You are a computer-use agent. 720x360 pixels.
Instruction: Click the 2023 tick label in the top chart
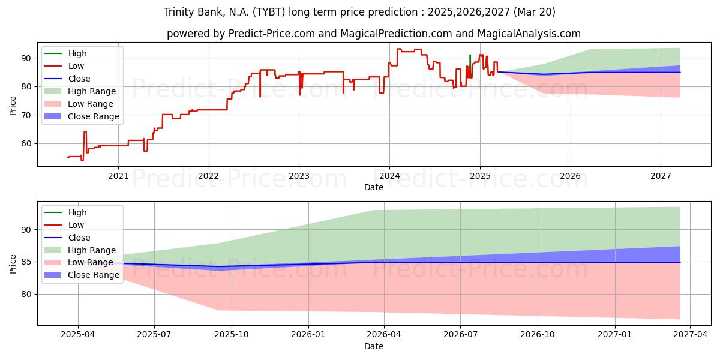click(x=299, y=176)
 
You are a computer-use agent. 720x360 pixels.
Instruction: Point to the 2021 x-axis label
click(x=118, y=176)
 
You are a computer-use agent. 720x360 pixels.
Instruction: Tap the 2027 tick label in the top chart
click(x=661, y=176)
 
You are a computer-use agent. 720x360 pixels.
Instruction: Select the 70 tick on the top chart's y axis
click(x=26, y=115)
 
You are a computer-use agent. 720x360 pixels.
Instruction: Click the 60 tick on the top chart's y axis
click(x=26, y=143)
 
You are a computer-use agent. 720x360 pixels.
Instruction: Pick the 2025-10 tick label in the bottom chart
click(x=232, y=335)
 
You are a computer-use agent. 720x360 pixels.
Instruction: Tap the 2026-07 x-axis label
click(x=460, y=335)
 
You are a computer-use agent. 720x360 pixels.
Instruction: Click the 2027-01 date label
click(x=615, y=335)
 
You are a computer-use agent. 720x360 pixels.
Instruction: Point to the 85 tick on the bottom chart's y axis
click(x=26, y=262)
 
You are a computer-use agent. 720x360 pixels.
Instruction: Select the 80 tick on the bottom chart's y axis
click(x=26, y=295)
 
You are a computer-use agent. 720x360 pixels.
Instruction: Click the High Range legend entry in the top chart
click(x=80, y=91)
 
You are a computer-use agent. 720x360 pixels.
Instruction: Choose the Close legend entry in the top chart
click(x=67, y=79)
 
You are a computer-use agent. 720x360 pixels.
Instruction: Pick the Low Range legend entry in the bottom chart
click(x=79, y=263)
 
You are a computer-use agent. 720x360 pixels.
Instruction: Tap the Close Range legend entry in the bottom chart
click(x=82, y=275)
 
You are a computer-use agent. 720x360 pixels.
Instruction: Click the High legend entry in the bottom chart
click(x=65, y=212)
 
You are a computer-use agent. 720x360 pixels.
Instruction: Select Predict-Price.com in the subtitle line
click(x=272, y=34)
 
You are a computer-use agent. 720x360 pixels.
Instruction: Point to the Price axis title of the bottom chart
click(x=13, y=264)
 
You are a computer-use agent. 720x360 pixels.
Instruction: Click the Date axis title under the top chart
click(x=374, y=187)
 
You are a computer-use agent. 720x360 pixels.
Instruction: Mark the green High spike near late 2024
click(x=470, y=61)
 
